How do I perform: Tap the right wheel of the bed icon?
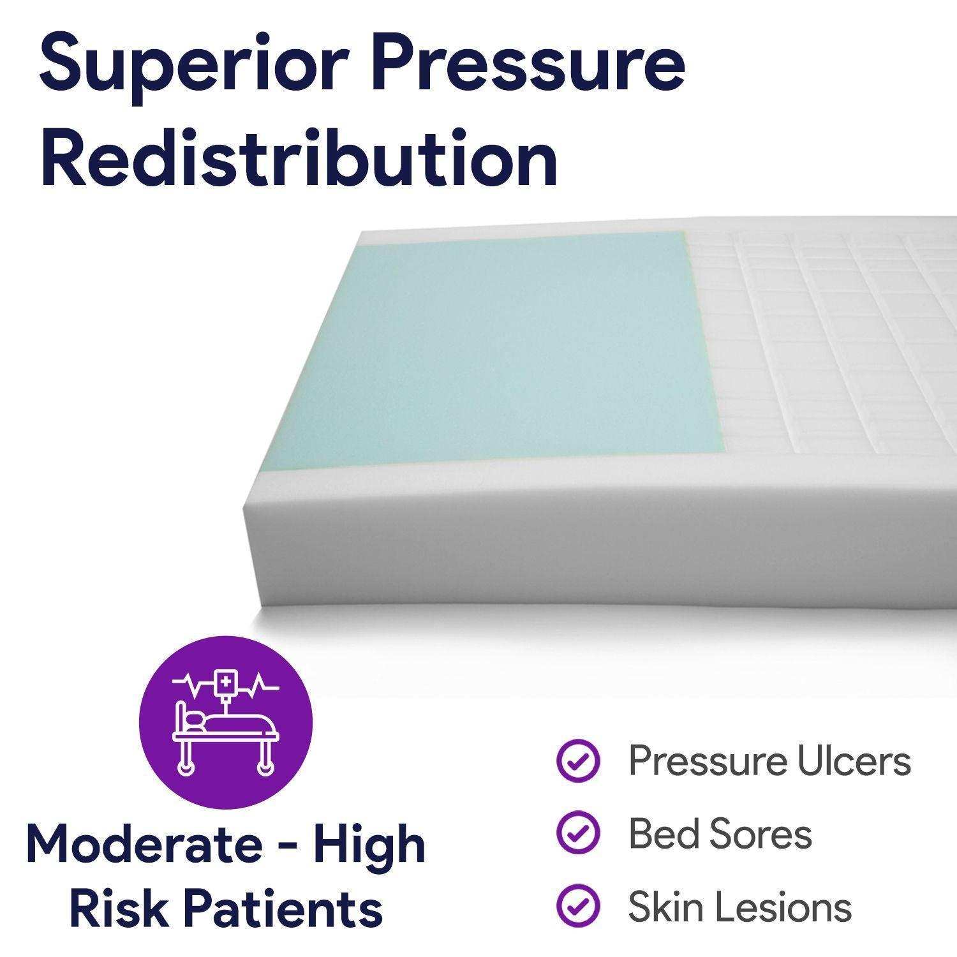tap(263, 768)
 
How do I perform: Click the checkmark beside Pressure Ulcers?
tap(578, 761)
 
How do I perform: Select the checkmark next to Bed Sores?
tap(578, 834)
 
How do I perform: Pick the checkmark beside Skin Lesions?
tap(578, 906)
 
